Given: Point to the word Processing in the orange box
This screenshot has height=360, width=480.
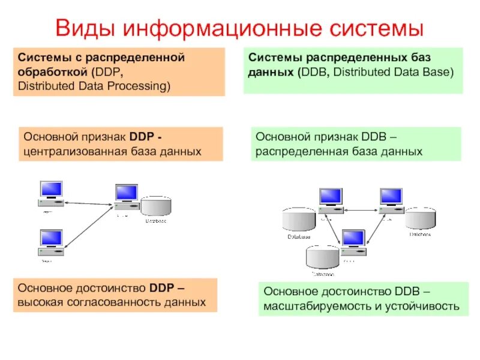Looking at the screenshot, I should click(142, 86).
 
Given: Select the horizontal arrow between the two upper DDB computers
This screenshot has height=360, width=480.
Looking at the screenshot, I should click(361, 209).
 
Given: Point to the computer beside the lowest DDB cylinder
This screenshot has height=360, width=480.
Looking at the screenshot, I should click(353, 242).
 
